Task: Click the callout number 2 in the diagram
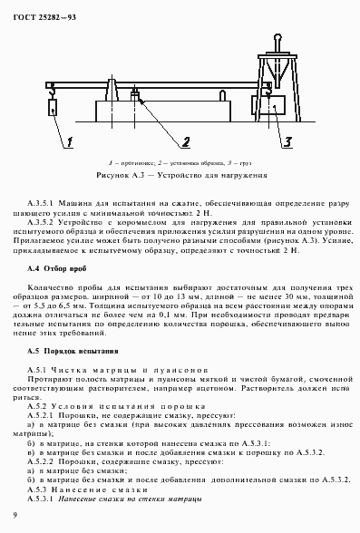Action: point(184,141)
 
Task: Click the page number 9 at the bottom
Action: point(15,515)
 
